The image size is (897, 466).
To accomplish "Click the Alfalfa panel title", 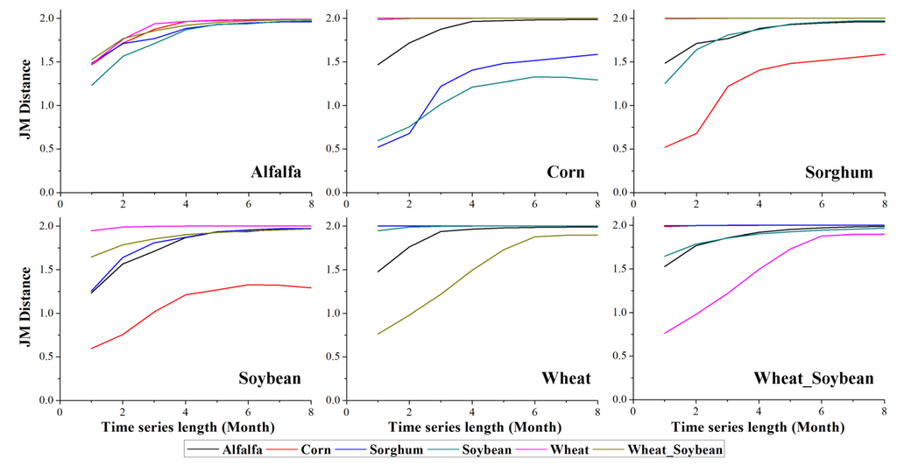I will click(272, 173).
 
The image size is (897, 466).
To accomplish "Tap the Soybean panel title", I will click(270, 379).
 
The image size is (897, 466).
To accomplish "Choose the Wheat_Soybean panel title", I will click(815, 379).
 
